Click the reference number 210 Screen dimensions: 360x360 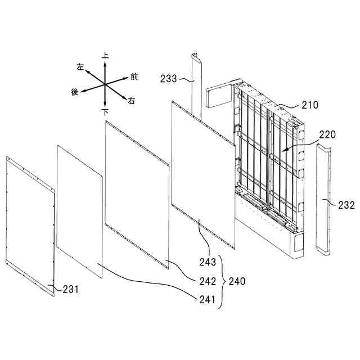(310, 105)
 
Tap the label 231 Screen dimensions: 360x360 (70, 290)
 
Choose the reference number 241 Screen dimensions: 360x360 (207, 300)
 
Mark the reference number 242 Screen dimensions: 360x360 (207, 280)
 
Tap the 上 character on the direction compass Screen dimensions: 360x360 (105, 56)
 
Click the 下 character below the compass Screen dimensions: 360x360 (105, 112)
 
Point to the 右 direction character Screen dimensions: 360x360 (132, 101)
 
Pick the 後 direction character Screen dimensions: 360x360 (74, 92)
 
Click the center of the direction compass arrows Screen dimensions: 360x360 (105, 84)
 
